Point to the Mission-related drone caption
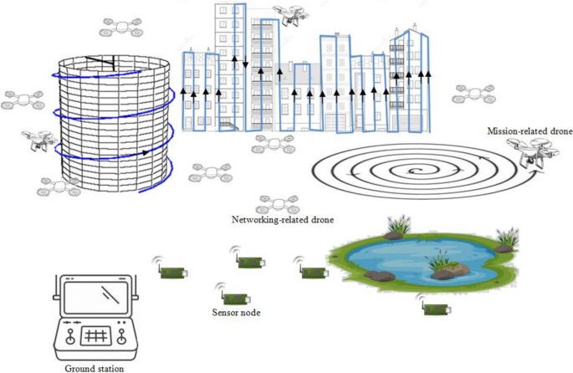(x=525, y=130)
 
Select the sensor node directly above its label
(x=235, y=297)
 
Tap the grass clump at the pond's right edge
(x=504, y=239)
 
